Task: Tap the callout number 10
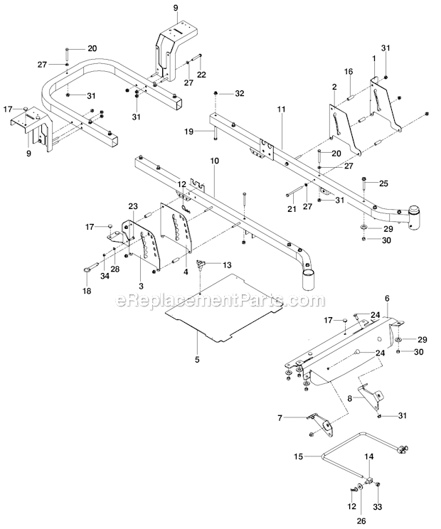click(214, 162)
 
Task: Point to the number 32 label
click(239, 93)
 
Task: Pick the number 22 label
click(202, 75)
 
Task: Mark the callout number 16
click(349, 72)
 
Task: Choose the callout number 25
click(385, 183)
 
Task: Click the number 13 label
click(227, 264)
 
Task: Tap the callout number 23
click(132, 206)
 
